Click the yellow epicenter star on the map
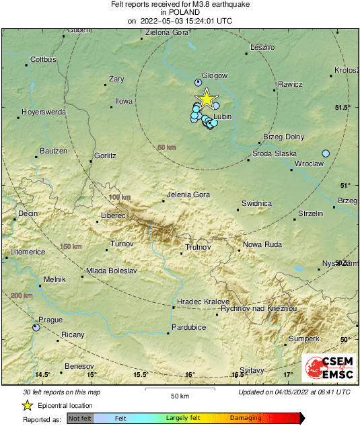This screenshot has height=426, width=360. (x=207, y=98)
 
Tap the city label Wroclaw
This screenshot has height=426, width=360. (x=310, y=164)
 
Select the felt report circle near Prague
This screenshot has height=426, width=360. (x=36, y=327)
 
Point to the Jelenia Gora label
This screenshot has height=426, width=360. (x=188, y=196)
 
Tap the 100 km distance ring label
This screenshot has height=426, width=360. (x=119, y=197)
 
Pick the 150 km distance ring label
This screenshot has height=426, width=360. (x=71, y=246)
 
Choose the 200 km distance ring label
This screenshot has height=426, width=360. (x=22, y=295)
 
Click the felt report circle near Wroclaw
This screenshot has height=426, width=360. (x=326, y=153)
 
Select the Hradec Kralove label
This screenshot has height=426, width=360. (x=203, y=301)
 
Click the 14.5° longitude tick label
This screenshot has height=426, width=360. (x=42, y=374)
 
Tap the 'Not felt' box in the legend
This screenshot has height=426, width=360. (x=80, y=418)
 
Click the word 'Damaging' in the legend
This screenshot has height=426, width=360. (x=246, y=418)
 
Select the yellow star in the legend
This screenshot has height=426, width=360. (x=28, y=405)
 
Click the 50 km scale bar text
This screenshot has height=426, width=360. (x=178, y=395)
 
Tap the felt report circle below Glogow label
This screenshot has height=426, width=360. (x=198, y=82)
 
